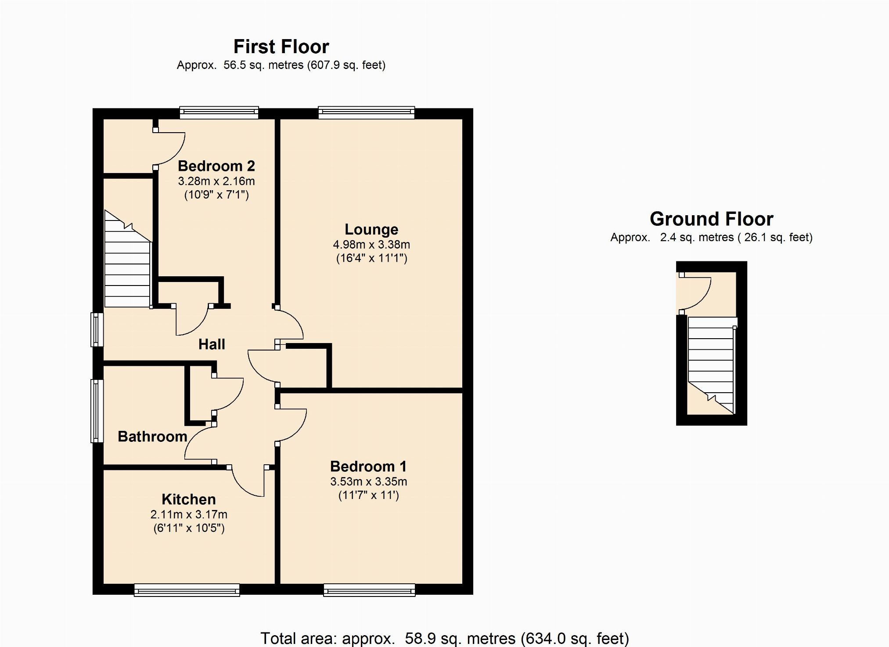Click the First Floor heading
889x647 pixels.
281,47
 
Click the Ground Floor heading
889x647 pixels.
711,219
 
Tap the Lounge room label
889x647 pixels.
371,229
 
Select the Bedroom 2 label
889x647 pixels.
216,166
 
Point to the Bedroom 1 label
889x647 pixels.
368,466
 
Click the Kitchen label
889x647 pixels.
189,499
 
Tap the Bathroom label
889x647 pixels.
153,437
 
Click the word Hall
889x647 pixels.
212,344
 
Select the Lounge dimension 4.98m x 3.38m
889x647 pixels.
371,245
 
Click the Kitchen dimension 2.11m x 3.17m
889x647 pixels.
189,514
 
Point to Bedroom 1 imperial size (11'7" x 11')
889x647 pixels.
369,495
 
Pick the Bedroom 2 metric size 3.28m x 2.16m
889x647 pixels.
216,181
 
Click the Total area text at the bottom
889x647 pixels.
445,638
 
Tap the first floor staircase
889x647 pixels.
127,259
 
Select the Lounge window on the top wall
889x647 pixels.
367,112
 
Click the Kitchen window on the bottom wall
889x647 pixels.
187,590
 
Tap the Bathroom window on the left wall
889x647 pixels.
97,411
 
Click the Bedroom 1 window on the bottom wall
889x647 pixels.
369,590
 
